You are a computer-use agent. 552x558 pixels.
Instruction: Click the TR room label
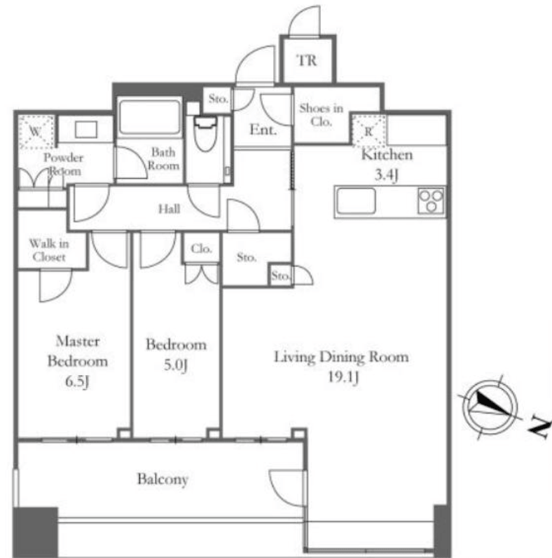point(307,60)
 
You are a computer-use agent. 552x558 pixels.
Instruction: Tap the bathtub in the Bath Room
point(149,117)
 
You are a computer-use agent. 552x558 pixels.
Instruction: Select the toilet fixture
point(205,134)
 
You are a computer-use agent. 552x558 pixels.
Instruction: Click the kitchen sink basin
point(357,200)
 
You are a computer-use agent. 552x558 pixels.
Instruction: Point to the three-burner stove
point(431,200)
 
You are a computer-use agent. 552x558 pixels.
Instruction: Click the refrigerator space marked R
point(368,130)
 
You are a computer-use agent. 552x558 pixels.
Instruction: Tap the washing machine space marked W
point(36,132)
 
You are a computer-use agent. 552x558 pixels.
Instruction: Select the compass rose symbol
point(490,407)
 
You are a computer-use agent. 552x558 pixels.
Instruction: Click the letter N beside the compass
point(540,427)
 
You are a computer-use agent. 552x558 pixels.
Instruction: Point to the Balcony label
point(163,479)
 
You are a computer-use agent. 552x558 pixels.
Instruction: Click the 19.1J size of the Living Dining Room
point(343,377)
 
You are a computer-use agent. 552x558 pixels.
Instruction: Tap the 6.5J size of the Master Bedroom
point(77,381)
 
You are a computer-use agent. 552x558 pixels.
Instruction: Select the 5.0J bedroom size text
point(176,365)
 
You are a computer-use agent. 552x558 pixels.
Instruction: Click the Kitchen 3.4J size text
point(386,175)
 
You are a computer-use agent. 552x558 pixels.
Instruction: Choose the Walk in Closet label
point(49,250)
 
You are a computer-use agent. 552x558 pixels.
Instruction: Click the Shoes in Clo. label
point(321,114)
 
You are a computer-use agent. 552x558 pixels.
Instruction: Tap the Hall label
point(169,208)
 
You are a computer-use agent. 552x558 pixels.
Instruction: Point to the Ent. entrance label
point(263,130)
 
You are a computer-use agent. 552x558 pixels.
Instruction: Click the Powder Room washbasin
point(86,129)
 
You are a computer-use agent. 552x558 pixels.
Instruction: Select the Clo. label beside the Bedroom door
point(201,248)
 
